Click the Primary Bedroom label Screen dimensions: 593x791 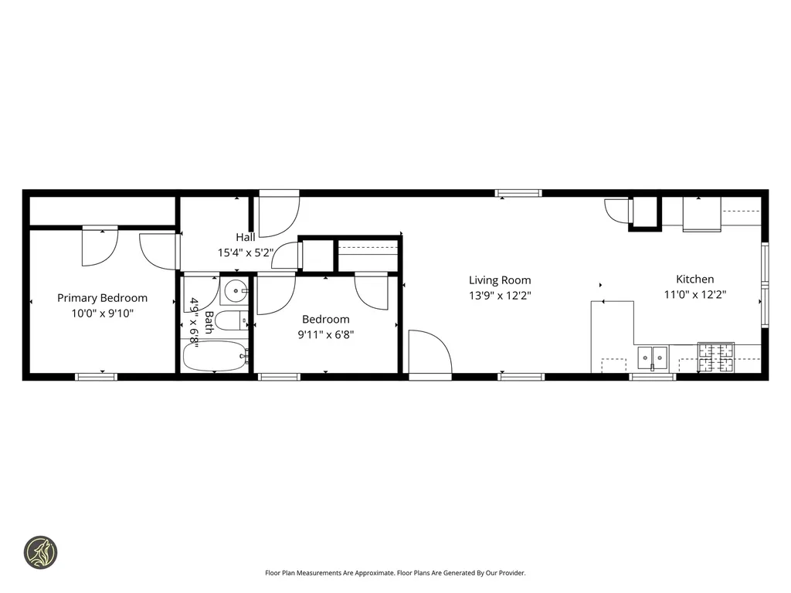102,298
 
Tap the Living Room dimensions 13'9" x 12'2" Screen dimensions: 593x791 500,295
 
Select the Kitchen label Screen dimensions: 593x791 694,279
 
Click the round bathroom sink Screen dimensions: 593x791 235,293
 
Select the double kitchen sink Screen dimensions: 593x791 653,356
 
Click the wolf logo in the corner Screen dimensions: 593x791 40,552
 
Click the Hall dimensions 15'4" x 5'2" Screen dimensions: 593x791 246,252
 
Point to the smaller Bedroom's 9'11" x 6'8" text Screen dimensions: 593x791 325,334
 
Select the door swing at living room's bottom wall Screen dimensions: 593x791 429,354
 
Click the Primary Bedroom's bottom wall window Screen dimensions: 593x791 97,377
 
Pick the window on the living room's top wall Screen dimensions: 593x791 518,193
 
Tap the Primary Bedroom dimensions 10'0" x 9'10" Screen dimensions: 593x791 102,313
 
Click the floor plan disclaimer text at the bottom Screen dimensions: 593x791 395,573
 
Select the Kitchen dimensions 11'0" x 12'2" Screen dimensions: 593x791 694,294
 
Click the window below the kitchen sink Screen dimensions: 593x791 653,377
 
